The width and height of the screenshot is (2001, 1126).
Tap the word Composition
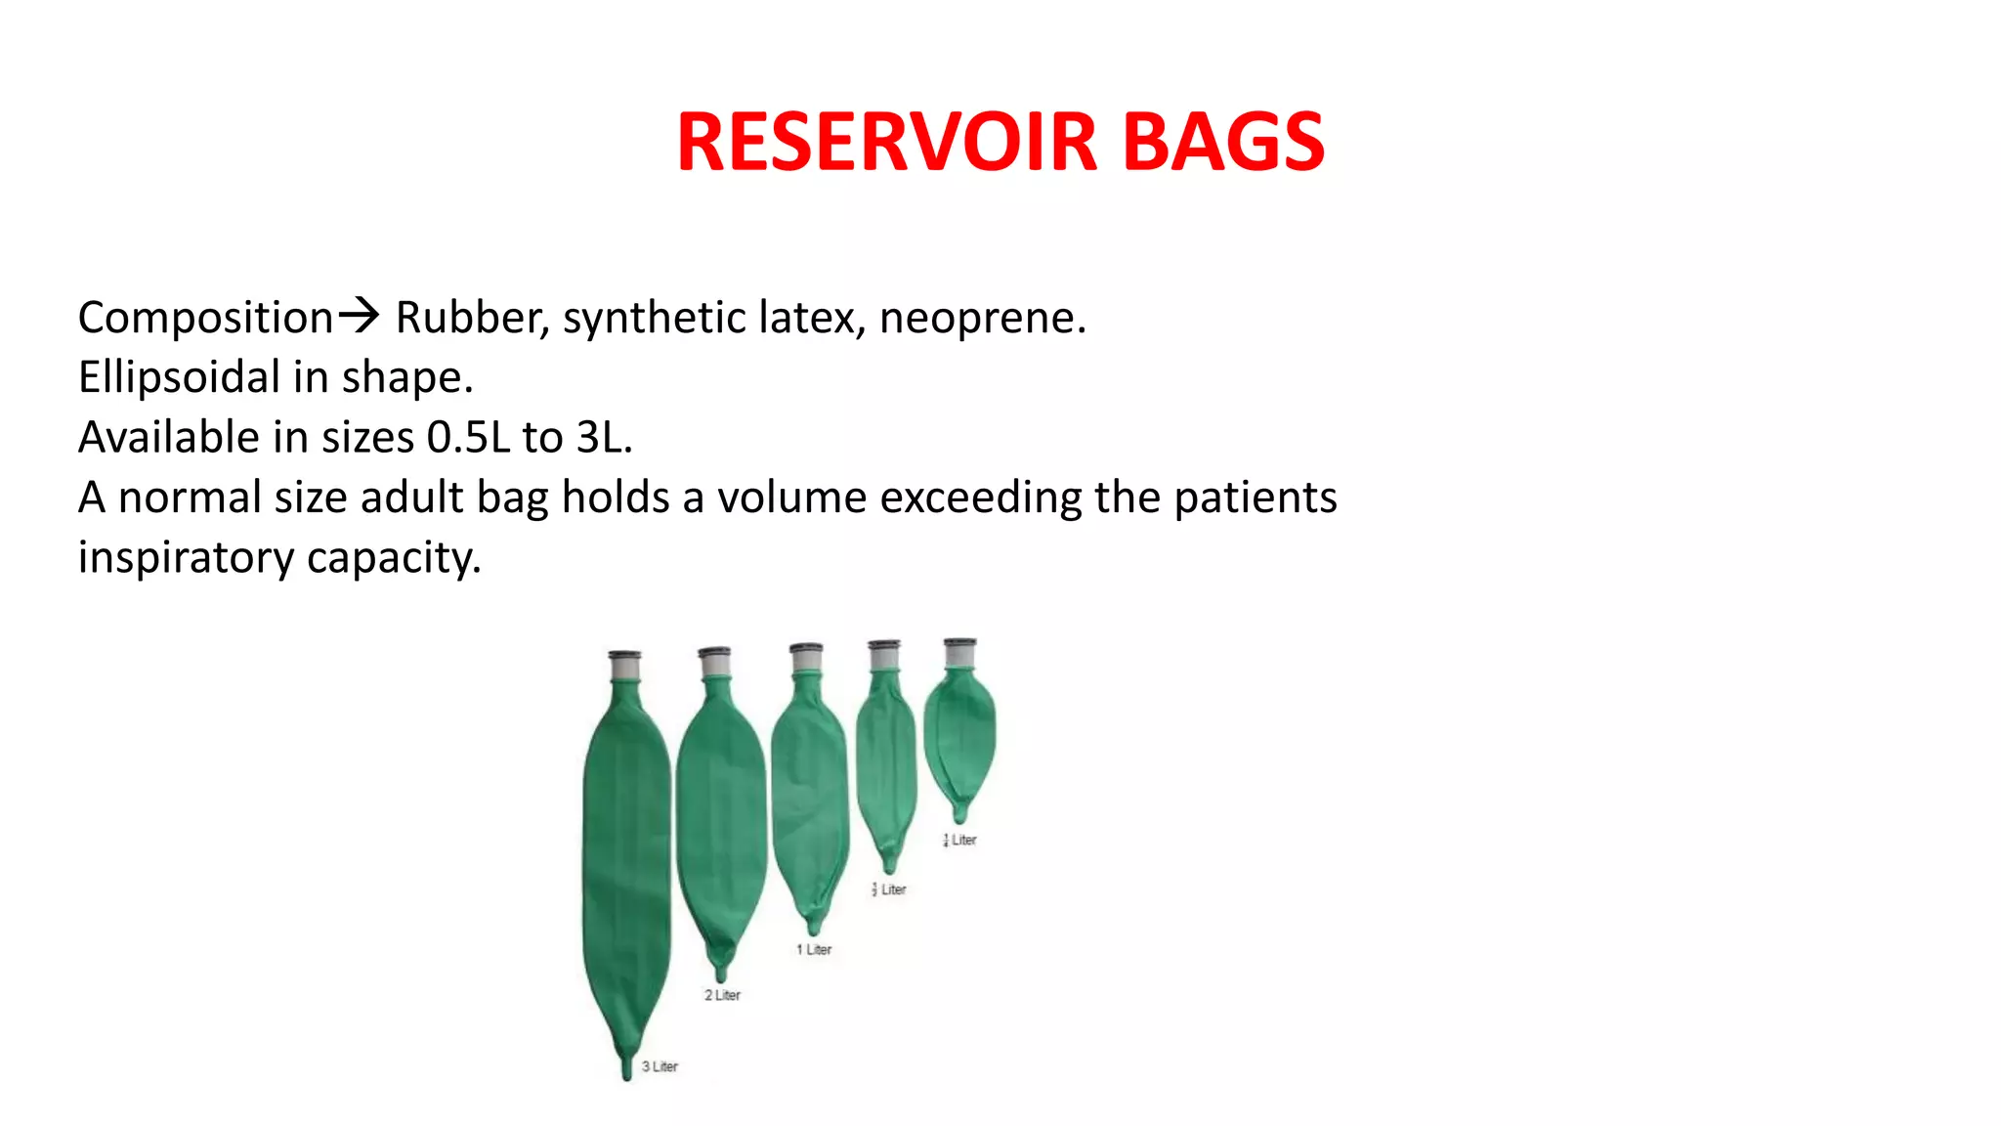coord(205,319)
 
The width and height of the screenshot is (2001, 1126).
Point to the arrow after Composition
coord(359,315)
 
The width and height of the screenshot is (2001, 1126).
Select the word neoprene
coord(981,319)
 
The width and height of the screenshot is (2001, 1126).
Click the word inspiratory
coord(186,558)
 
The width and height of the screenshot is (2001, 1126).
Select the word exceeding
coord(981,498)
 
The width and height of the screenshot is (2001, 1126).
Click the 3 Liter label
coord(660,1066)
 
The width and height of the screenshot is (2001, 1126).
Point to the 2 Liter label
coord(722,995)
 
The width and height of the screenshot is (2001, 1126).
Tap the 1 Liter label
coord(814,949)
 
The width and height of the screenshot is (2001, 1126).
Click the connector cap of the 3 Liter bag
coord(624,655)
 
